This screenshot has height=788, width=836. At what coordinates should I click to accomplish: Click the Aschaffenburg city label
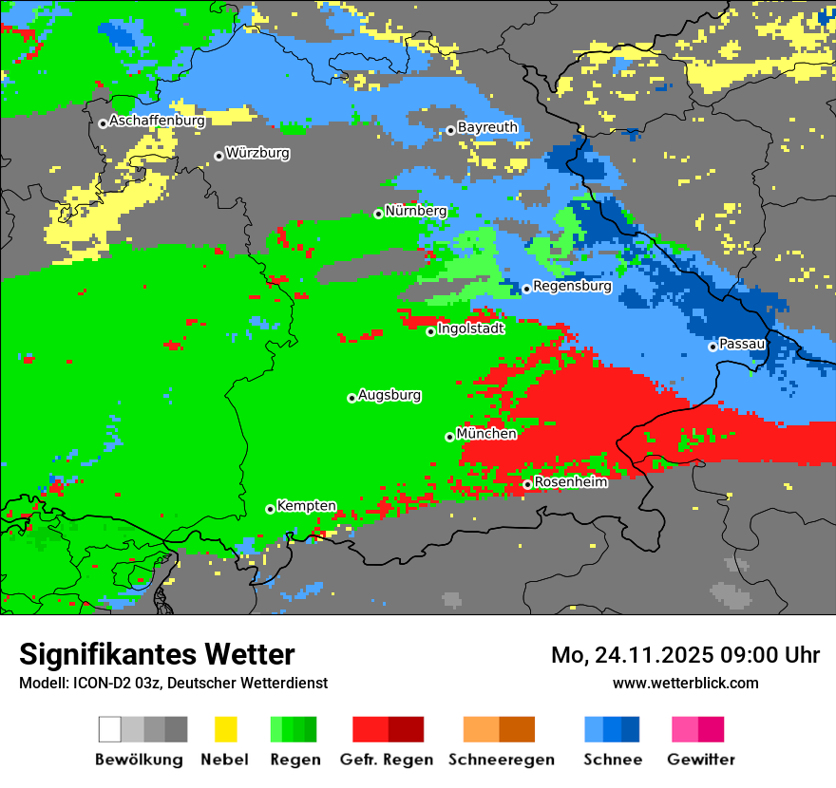click(x=157, y=122)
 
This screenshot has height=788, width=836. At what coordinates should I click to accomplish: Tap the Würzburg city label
click(x=257, y=153)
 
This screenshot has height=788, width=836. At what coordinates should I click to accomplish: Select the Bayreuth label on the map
click(x=487, y=127)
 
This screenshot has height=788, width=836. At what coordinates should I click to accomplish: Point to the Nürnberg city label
click(x=415, y=211)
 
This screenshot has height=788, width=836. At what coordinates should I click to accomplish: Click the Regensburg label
click(x=572, y=286)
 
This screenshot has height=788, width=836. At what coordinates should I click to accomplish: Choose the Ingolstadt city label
click(x=470, y=329)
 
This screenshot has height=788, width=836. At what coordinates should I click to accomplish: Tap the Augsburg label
click(x=389, y=395)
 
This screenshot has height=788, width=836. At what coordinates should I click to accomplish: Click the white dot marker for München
click(x=449, y=437)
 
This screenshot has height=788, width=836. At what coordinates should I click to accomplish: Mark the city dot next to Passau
click(x=712, y=347)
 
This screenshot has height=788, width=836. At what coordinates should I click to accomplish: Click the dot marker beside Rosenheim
click(x=527, y=484)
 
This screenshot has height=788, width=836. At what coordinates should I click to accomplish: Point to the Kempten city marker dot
click(x=270, y=509)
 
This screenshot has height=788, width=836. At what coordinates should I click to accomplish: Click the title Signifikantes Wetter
click(x=157, y=654)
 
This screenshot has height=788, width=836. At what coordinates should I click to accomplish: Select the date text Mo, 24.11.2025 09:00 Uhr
click(x=685, y=655)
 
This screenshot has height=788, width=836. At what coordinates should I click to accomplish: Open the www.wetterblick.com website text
click(x=685, y=683)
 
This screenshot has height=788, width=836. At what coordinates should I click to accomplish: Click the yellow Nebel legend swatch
click(x=225, y=729)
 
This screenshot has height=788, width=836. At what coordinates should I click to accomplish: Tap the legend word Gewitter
click(x=701, y=760)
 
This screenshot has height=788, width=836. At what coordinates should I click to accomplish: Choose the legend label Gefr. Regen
click(x=387, y=760)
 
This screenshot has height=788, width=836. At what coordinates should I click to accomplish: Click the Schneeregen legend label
click(x=501, y=760)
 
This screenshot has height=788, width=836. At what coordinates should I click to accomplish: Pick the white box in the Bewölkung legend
click(x=110, y=729)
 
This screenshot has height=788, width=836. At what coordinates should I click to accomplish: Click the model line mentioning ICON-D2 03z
click(x=173, y=683)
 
